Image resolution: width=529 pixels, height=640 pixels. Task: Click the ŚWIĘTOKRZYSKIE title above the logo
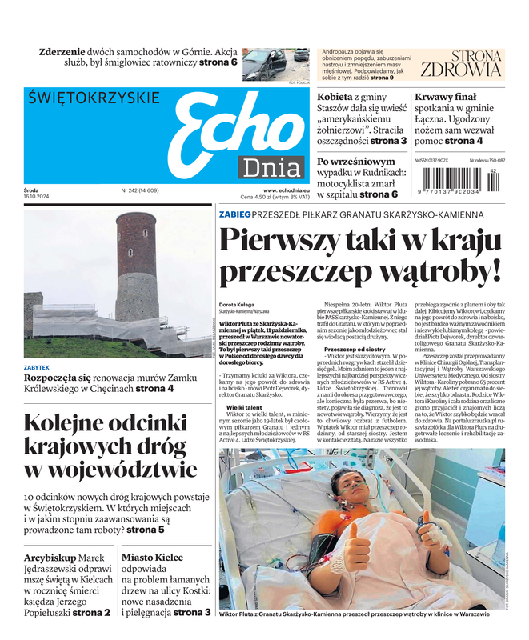[x=94, y=98]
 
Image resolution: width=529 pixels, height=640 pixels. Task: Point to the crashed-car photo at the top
[x=275, y=64]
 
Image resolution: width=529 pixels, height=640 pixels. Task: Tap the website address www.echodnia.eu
[x=286, y=190]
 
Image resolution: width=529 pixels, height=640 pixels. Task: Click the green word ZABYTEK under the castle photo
[x=37, y=367]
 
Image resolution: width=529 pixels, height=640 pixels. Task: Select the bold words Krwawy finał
[x=445, y=98]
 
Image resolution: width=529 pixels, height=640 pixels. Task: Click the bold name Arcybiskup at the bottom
[x=50, y=558]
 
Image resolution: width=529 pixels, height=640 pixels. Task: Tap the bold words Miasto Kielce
[x=152, y=558]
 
